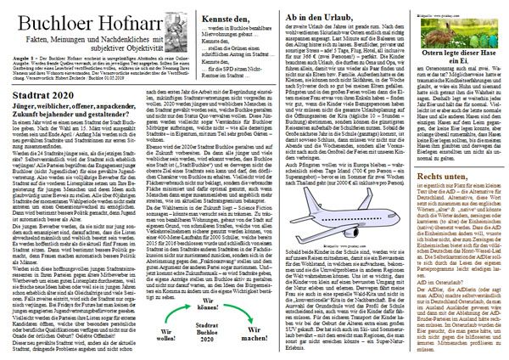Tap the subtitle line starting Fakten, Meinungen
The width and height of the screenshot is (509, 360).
point(76,31)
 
